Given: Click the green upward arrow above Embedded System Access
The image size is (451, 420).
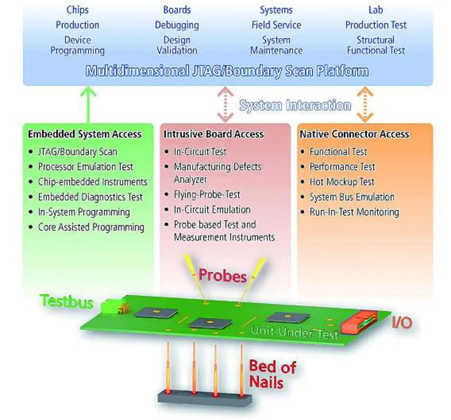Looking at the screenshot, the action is click(x=88, y=105).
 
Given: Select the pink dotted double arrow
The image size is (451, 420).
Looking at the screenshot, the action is click(x=225, y=105).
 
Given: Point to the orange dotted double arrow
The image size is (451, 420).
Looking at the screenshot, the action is click(x=365, y=105).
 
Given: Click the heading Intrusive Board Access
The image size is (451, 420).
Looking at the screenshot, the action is click(x=214, y=134).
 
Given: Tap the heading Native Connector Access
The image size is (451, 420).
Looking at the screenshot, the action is click(x=354, y=134).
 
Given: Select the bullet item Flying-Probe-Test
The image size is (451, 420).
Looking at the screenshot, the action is click(x=207, y=194).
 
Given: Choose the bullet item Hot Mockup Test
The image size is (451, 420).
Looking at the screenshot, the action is click(x=342, y=182).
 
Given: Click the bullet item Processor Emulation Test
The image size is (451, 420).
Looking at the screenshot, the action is click(x=85, y=167).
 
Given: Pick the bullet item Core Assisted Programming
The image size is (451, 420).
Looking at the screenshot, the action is click(x=91, y=227).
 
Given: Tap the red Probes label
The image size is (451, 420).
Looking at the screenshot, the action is click(x=223, y=275).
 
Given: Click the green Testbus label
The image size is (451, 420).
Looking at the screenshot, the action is click(x=67, y=301).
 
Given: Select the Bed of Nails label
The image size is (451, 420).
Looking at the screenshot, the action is click(x=272, y=374).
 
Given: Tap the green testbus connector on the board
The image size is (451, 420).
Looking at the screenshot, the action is click(x=113, y=306).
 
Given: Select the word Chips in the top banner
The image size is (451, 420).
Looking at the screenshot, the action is click(x=78, y=10).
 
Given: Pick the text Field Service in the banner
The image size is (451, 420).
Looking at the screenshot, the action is click(x=276, y=25).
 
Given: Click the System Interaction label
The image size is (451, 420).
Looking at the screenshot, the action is click(x=295, y=105).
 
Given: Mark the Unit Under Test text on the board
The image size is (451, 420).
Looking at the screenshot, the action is click(x=295, y=332).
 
